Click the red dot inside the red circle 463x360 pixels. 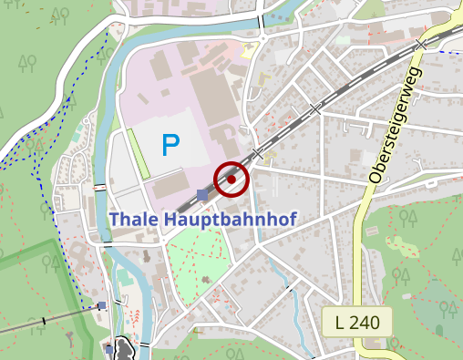pos(231,180)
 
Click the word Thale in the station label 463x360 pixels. pos(134,220)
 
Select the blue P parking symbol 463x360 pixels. pos(170,144)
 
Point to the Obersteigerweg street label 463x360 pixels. pos(393,125)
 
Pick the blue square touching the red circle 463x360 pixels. pos(202,194)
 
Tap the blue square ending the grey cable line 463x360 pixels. pos(102,306)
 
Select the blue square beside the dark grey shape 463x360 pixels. pos(108,348)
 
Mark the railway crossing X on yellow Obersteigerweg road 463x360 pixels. pos(420,45)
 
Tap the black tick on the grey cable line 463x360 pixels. pos(44,321)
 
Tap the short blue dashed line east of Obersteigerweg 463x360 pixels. pos(448,52)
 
